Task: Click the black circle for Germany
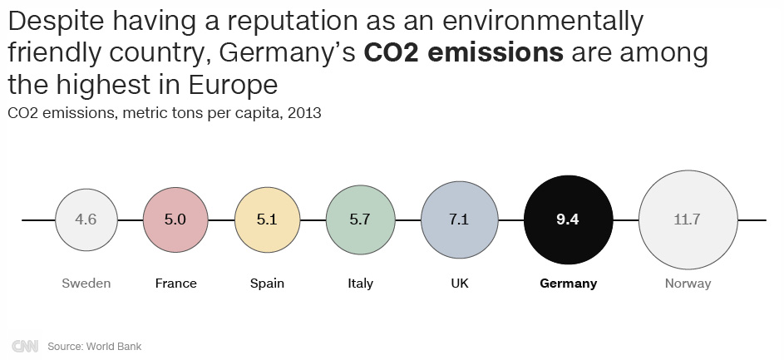pyautogui.click(x=569, y=219)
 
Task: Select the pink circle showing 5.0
pyautogui.click(x=175, y=219)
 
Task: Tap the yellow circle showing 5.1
pyautogui.click(x=267, y=219)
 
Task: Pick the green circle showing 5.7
pyautogui.click(x=360, y=219)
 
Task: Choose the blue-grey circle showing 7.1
pyautogui.click(x=459, y=219)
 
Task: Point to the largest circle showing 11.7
pyautogui.click(x=688, y=219)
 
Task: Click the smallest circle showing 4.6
pyautogui.click(x=86, y=219)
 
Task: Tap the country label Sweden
pyautogui.click(x=86, y=284)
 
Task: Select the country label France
pyautogui.click(x=175, y=284)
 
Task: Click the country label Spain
pyautogui.click(x=267, y=284)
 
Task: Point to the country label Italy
pyautogui.click(x=360, y=284)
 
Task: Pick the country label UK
pyautogui.click(x=459, y=284)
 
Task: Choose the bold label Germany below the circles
pyautogui.click(x=569, y=284)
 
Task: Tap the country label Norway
pyautogui.click(x=688, y=284)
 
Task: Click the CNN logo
pyautogui.click(x=24, y=346)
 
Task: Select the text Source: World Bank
pyautogui.click(x=89, y=346)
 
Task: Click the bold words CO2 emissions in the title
pyautogui.click(x=464, y=53)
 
